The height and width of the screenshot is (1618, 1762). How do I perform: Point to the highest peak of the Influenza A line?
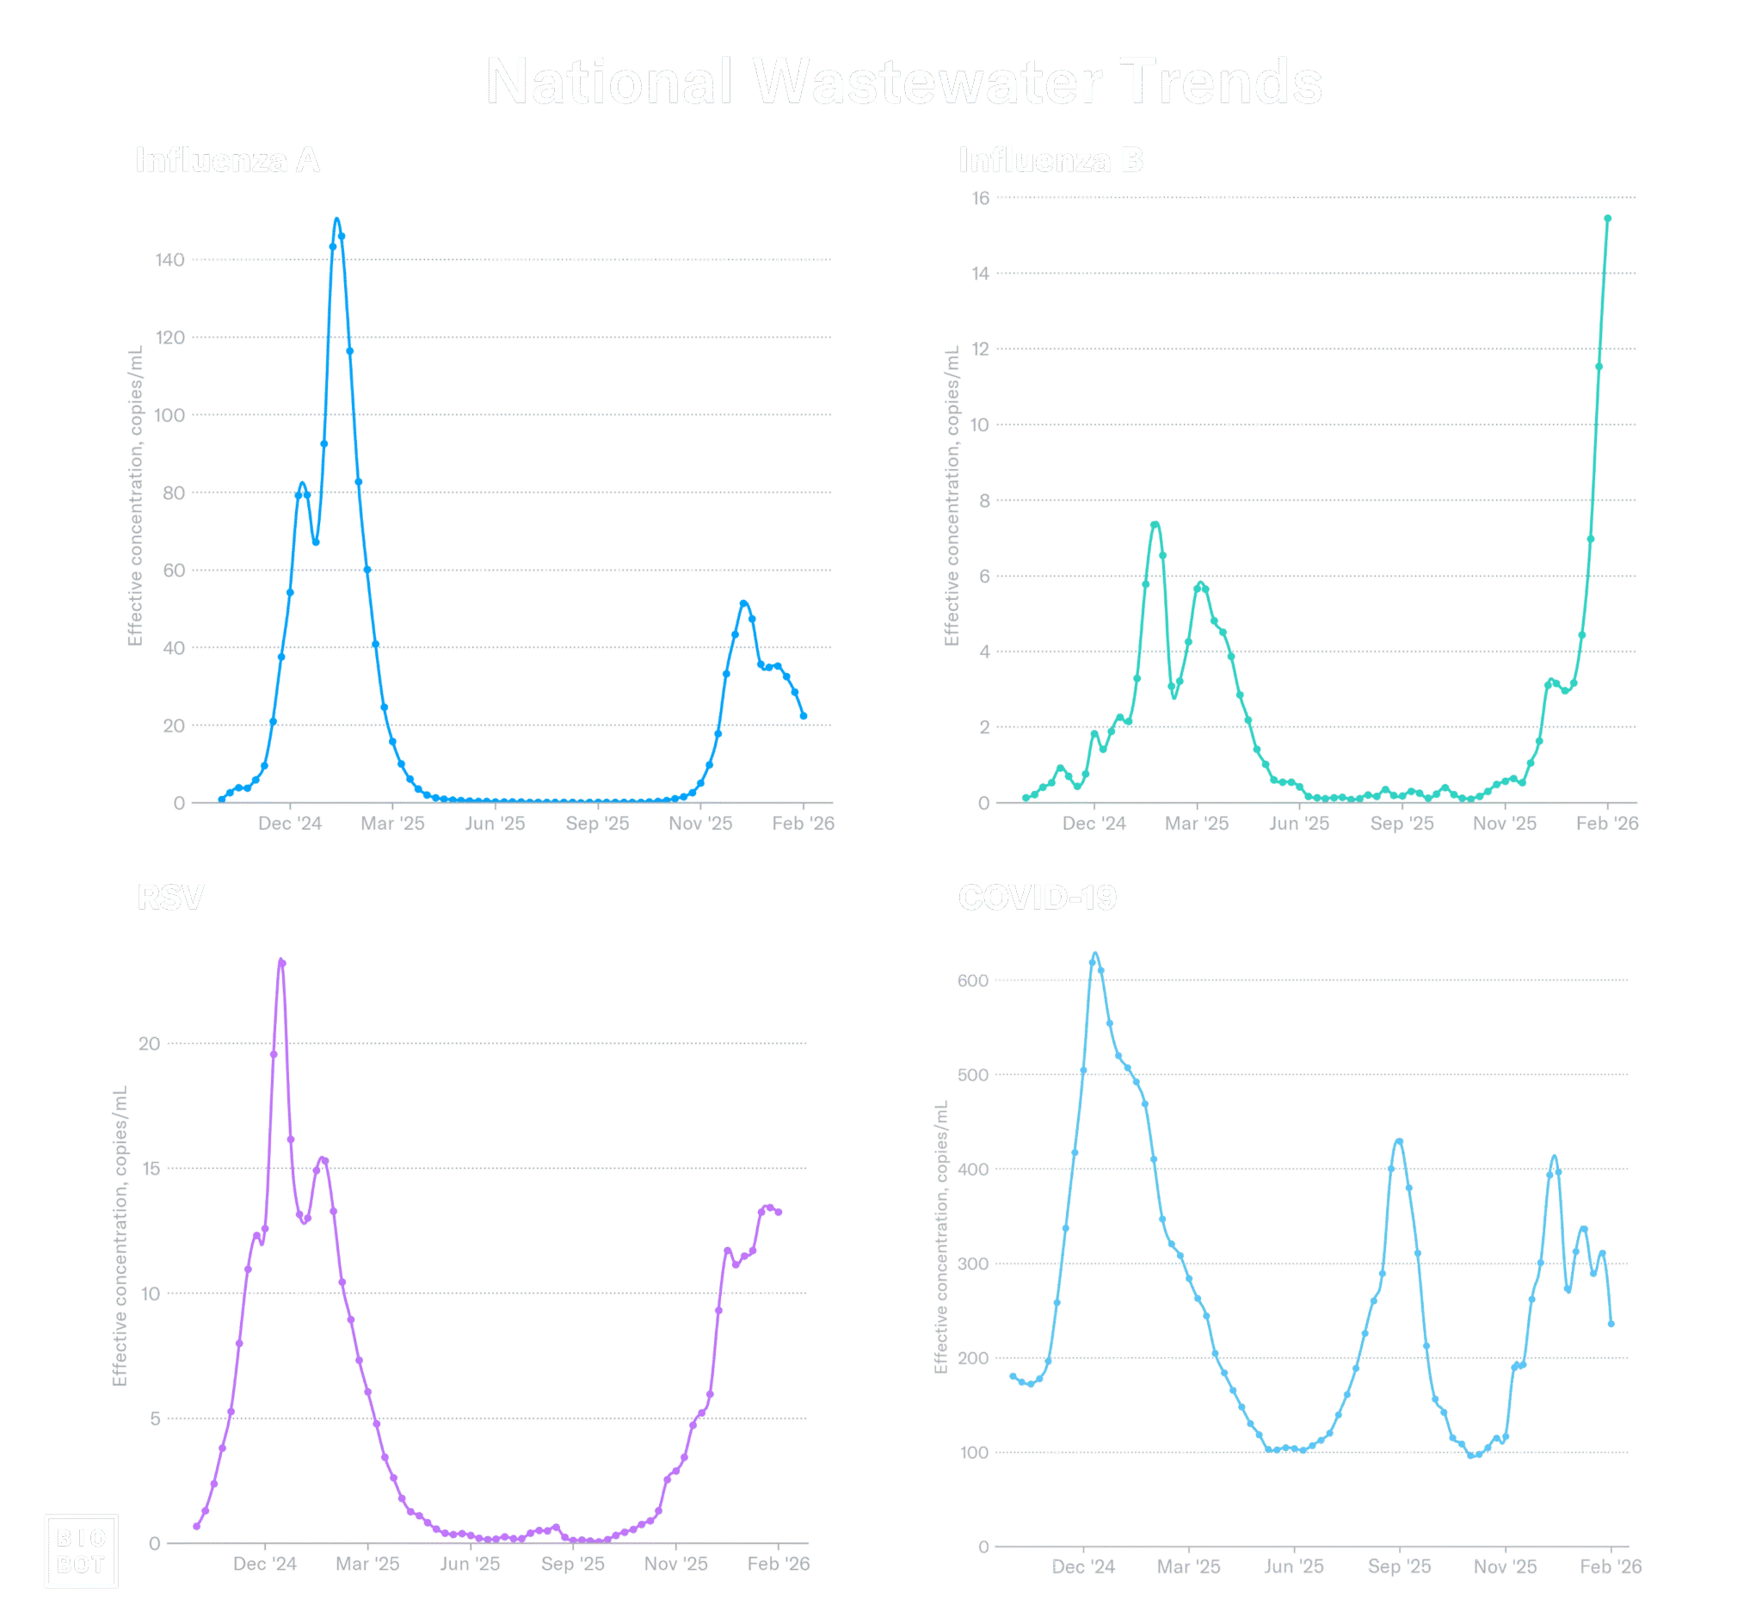pos(337,219)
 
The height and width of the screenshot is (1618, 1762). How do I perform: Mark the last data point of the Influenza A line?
pos(804,716)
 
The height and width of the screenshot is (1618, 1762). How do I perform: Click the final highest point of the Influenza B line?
pos(1608,218)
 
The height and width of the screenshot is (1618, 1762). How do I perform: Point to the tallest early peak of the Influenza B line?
pos(1156,524)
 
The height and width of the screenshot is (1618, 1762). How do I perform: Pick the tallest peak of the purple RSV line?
pos(282,962)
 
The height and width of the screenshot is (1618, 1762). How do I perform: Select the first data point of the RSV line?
pos(197,1527)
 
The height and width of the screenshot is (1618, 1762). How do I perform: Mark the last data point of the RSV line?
pos(778,1213)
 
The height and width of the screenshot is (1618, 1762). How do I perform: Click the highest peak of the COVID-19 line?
pos(1095,956)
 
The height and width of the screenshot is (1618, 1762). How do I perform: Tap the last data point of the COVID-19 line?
pos(1611,1325)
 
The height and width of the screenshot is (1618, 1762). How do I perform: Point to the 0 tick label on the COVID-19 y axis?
pos(983,1546)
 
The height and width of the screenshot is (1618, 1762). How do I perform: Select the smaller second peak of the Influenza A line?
pos(744,602)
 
